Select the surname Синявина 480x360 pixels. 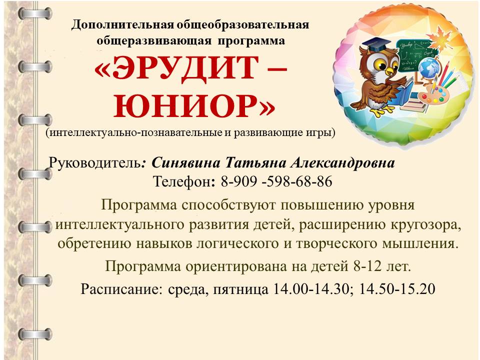point(185,163)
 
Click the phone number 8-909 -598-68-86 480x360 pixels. point(276,181)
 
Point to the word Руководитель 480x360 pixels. point(95,163)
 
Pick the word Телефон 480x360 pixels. point(181,181)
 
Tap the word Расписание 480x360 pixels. point(121,288)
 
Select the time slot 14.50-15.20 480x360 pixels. point(396,288)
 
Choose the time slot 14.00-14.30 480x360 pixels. point(310,288)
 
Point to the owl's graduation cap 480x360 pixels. point(376,45)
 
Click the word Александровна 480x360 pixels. point(342,163)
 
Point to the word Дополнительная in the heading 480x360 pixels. point(123,24)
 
